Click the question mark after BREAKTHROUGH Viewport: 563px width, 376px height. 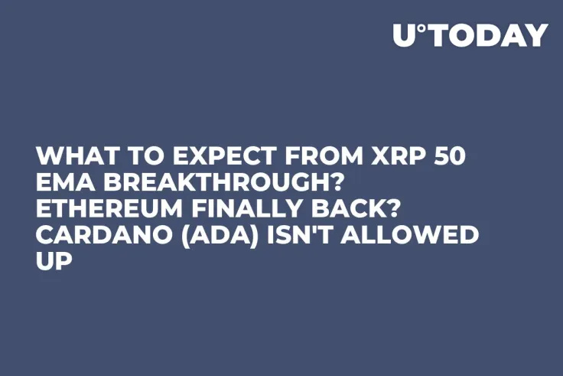328,186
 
